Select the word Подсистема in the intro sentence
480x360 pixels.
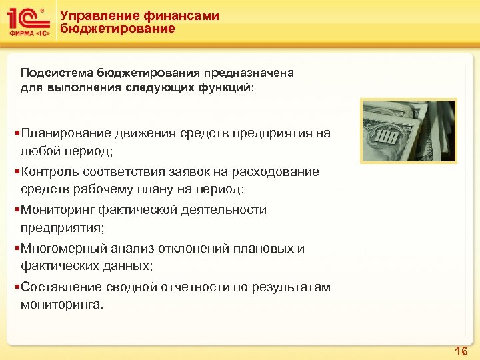tap(56, 72)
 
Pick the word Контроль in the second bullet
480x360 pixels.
tap(47, 172)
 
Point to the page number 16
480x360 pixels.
tap(461, 351)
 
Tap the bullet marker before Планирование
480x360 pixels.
tap(15, 133)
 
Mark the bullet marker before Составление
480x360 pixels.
tap(15, 287)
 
